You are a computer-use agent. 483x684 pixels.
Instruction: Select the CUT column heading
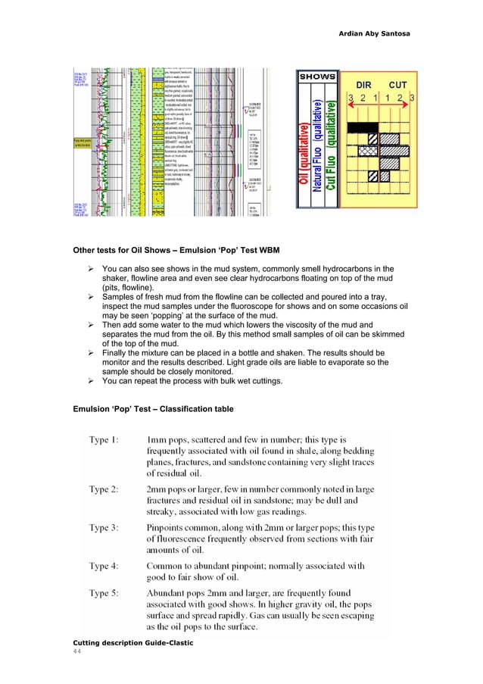(x=399, y=84)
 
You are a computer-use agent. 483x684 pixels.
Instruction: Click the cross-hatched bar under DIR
(x=370, y=151)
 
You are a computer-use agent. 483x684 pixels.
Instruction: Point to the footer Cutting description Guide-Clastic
(x=132, y=643)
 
